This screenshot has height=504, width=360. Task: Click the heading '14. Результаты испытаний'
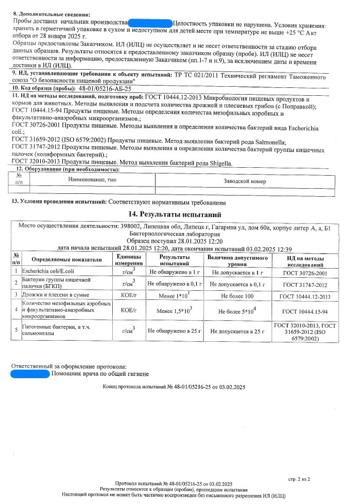(x=180, y=214)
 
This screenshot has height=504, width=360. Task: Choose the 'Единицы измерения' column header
(x=125, y=261)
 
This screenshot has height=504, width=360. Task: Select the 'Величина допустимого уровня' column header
(x=238, y=261)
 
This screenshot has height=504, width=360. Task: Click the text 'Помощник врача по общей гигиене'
(x=99, y=374)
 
